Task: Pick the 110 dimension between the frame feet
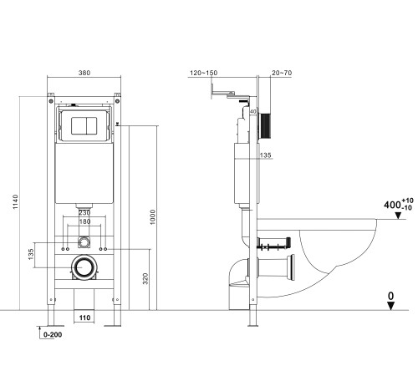click(84, 318)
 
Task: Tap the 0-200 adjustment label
click(52, 334)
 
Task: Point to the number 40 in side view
click(253, 109)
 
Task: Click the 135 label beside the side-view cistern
click(265, 155)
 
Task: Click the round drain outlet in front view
click(83, 269)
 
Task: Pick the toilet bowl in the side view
click(334, 251)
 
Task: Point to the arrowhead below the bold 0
click(390, 306)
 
